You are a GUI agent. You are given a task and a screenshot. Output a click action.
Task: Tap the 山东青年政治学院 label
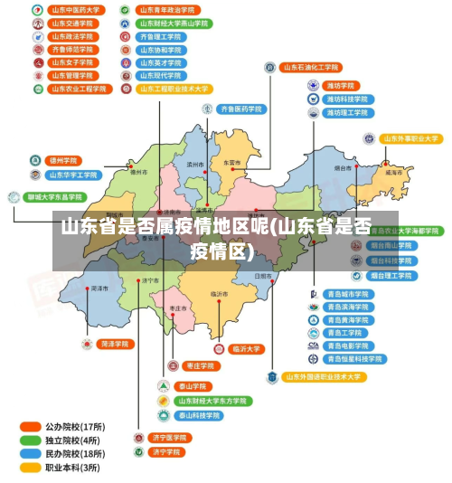[168, 11]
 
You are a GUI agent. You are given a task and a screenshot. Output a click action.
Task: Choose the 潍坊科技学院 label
[347, 99]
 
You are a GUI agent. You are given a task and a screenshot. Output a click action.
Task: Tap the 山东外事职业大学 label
[410, 139]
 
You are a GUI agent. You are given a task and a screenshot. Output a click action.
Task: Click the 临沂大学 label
[246, 348]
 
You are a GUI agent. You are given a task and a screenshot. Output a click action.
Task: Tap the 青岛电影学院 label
[348, 346]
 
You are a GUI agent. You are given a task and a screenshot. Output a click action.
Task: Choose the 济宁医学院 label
[169, 438]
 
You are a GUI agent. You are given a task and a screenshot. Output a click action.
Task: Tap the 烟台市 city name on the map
[343, 168]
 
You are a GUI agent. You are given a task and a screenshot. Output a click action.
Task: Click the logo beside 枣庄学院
[173, 366]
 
